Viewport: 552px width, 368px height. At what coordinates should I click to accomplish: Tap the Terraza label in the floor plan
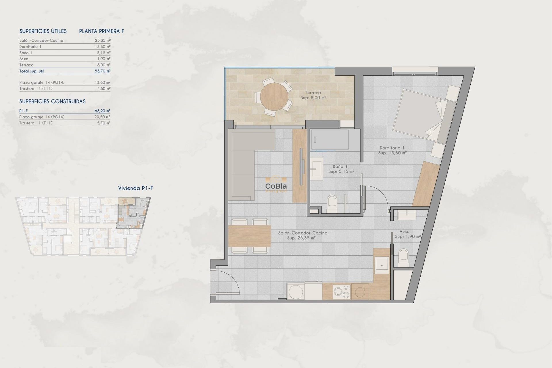(313, 93)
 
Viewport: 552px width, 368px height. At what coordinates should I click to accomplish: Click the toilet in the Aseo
(403, 257)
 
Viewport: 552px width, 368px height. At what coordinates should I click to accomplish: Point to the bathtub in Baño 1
(330, 140)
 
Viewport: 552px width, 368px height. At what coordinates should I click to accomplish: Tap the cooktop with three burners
(342, 292)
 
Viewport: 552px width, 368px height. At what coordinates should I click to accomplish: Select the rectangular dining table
(250, 236)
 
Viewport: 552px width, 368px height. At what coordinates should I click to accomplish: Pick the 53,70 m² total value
(103, 71)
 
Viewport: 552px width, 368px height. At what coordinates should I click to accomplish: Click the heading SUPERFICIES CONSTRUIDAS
(52, 101)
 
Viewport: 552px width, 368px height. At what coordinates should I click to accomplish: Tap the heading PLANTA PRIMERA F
(101, 31)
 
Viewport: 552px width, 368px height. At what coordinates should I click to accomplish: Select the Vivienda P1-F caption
(135, 188)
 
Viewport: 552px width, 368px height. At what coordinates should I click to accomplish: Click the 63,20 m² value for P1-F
(103, 111)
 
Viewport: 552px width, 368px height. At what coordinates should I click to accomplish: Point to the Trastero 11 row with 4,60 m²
(65, 89)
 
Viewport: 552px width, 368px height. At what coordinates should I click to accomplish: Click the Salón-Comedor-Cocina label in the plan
(302, 233)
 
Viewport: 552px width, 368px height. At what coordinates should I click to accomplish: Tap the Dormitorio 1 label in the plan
(392, 148)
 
